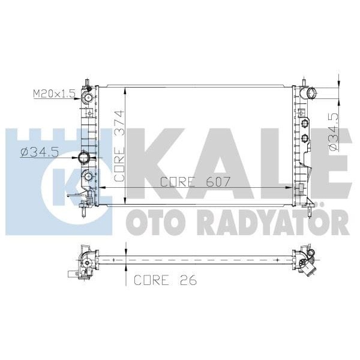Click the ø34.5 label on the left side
pos(39,152)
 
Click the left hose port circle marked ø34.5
pos(84,158)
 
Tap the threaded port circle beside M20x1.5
pos(88,96)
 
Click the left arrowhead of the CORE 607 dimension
pos(101,188)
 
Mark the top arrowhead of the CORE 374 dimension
pos(124,90)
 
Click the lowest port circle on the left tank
pos(88,177)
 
